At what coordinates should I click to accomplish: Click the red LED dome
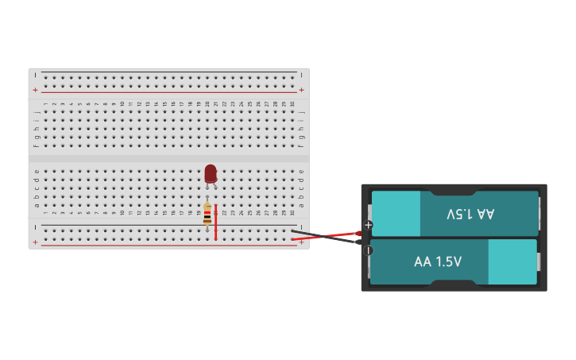(211, 172)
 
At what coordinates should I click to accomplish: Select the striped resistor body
(207, 215)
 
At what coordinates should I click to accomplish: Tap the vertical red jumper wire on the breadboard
(215, 222)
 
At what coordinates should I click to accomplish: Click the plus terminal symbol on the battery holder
(368, 225)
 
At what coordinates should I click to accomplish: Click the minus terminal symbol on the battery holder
(368, 250)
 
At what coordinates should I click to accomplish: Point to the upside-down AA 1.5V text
(470, 214)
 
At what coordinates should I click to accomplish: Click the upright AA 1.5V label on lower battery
(438, 261)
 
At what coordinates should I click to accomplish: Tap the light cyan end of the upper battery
(396, 213)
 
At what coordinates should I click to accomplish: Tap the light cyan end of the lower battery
(512, 261)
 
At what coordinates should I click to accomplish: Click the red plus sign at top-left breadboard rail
(35, 90)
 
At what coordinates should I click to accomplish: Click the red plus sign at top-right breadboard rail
(301, 90)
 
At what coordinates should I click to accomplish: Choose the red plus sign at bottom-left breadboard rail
(35, 242)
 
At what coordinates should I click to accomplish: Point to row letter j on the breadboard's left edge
(37, 112)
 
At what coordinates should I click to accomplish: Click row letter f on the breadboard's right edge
(301, 145)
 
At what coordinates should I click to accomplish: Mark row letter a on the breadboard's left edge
(37, 205)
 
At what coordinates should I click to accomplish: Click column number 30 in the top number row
(292, 103)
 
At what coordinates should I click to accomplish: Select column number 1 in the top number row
(45, 103)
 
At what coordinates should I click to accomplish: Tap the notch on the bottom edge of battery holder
(453, 282)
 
